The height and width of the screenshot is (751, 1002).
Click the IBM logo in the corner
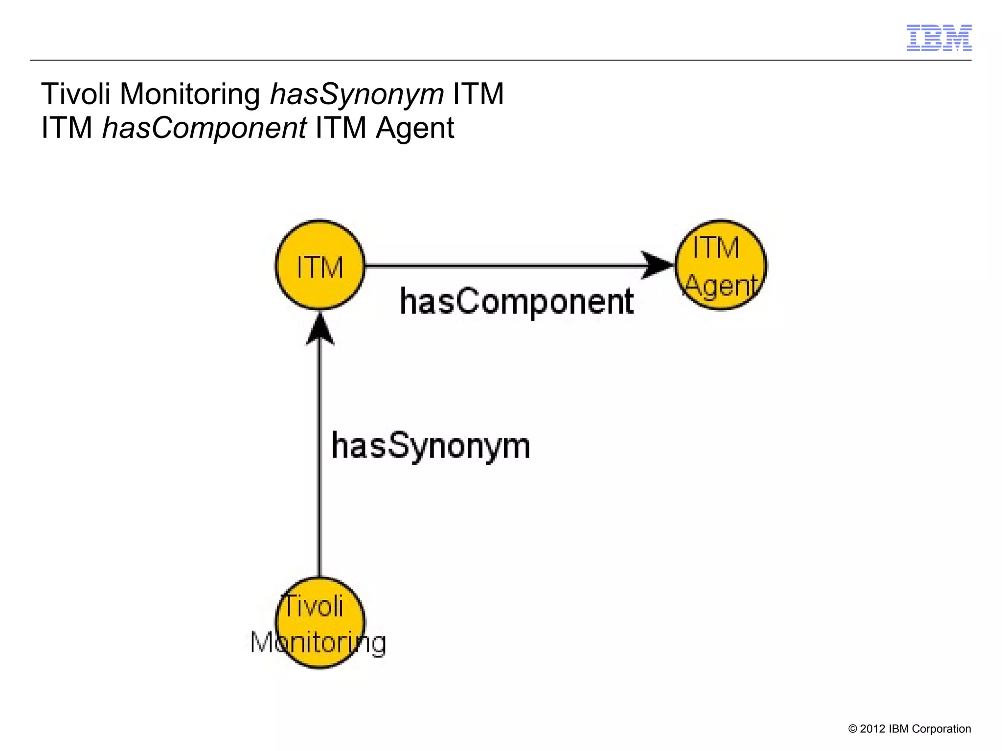pyautogui.click(x=938, y=38)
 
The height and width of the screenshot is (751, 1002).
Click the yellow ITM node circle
pyautogui.click(x=320, y=265)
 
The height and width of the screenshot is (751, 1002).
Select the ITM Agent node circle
pyautogui.click(x=720, y=265)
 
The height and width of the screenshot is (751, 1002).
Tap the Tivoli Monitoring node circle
pyautogui.click(x=320, y=622)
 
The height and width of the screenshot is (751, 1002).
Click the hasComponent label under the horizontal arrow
pyautogui.click(x=517, y=301)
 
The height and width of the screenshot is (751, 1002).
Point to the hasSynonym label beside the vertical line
pyautogui.click(x=431, y=446)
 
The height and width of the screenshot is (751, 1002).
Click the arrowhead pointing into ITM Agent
pyautogui.click(x=658, y=265)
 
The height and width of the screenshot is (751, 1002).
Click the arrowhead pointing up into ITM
pyautogui.click(x=320, y=330)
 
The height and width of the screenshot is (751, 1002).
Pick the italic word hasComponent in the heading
pyautogui.click(x=204, y=128)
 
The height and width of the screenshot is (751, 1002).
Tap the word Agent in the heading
pyautogui.click(x=415, y=128)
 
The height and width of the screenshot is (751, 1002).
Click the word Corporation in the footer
pyautogui.click(x=941, y=729)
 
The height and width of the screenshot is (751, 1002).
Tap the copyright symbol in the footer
pyautogui.click(x=853, y=729)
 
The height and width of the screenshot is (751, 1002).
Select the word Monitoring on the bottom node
pyautogui.click(x=318, y=642)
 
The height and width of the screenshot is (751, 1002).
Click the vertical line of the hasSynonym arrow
pyautogui.click(x=320, y=465)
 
